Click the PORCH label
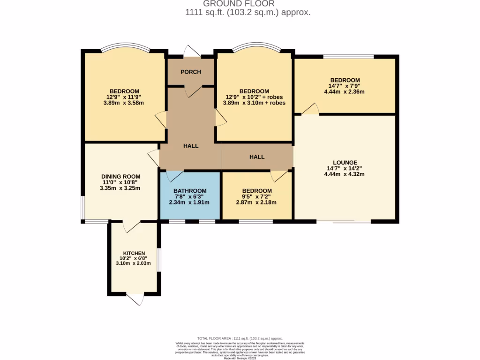coord(191,72)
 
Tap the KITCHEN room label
coord(134,253)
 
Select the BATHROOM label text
coord(190,191)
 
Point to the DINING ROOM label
coord(121,176)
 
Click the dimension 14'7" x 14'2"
coord(344,168)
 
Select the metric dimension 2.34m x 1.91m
coord(189,202)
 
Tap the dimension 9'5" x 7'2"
coord(256,197)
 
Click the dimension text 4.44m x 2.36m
coord(345,92)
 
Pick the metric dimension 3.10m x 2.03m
coord(134,263)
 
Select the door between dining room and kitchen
coord(132,226)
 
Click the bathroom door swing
coord(174,176)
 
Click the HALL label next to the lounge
coord(256,157)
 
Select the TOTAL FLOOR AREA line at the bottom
coord(240,338)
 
